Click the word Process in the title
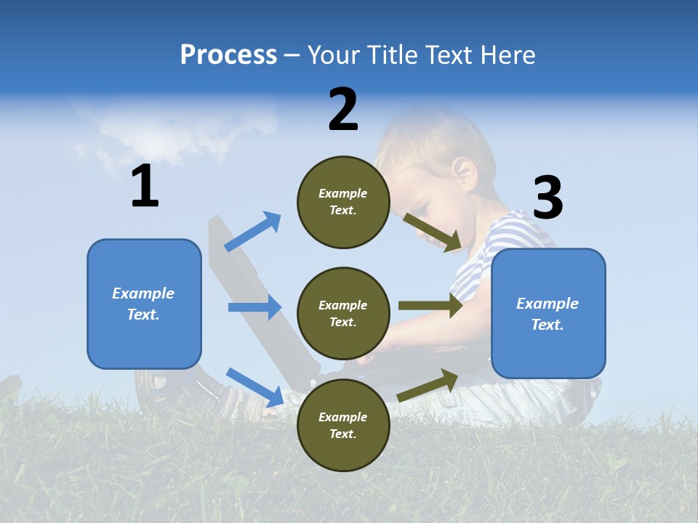point(228,55)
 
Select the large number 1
point(145,187)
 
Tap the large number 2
point(343,110)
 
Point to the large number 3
point(548,198)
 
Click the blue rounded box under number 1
point(144,304)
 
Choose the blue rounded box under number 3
point(548,314)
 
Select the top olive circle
point(343,202)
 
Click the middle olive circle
point(343,314)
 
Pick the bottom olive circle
point(343,425)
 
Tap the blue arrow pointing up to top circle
point(252,232)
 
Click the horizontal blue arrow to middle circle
point(254,307)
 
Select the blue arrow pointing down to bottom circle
point(254,387)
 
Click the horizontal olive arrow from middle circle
point(430,306)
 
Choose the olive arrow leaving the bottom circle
point(428,385)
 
